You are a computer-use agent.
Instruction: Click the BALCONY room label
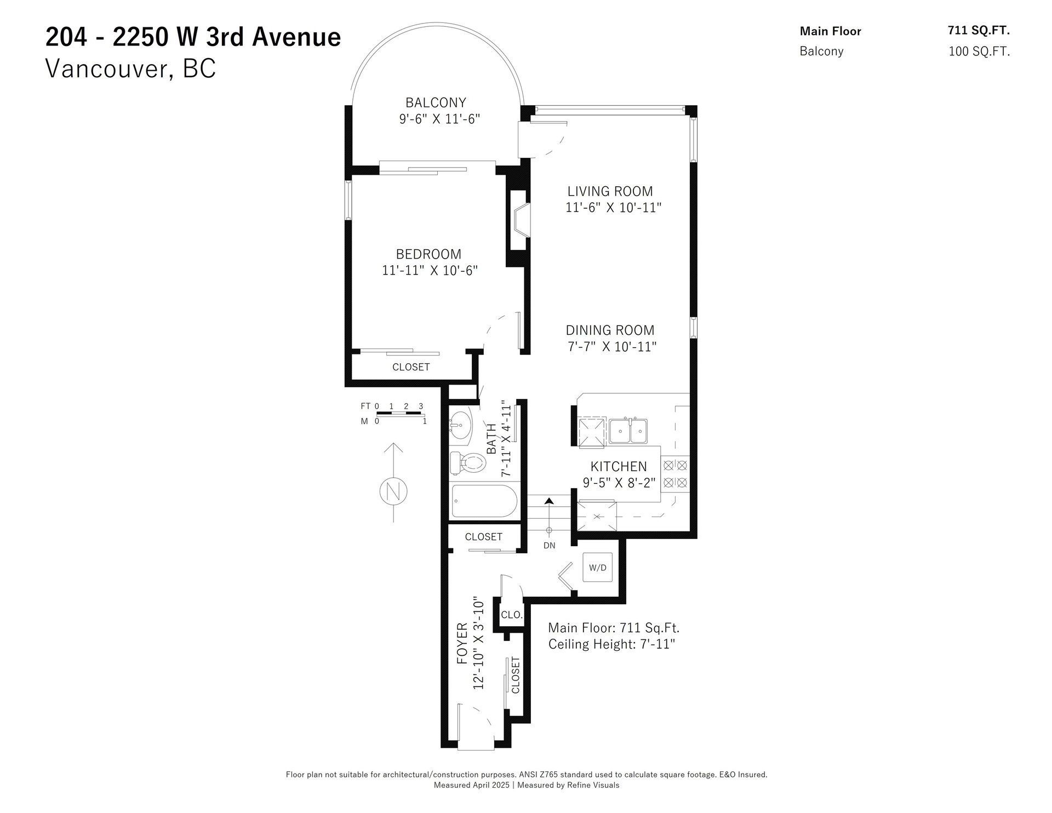436,102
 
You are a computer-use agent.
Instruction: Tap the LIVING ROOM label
610,191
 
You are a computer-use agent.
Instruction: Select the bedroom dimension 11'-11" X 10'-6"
430,271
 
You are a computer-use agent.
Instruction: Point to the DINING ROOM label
610,330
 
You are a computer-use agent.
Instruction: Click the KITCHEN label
619,466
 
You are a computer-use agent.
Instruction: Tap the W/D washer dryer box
598,568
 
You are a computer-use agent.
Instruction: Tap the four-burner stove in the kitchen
675,474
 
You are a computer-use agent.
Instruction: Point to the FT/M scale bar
393,414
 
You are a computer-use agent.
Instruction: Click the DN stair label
549,545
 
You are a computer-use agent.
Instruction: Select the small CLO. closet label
512,615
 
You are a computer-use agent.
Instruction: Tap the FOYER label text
462,644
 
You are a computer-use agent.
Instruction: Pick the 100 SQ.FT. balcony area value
979,51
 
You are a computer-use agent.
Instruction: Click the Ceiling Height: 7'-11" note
611,644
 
